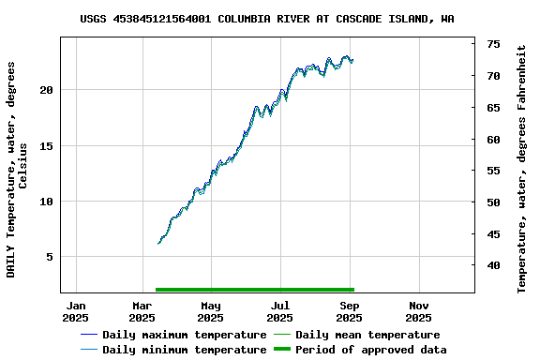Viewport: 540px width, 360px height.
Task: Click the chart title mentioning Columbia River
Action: click(x=267, y=18)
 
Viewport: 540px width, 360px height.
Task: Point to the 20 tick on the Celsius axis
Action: click(x=47, y=90)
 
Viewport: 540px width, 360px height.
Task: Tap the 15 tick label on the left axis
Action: click(x=47, y=145)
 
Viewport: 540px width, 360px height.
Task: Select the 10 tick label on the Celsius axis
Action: click(x=47, y=201)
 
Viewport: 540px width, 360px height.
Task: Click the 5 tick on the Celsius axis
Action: click(x=51, y=256)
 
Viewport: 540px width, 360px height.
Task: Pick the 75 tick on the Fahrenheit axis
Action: click(x=492, y=44)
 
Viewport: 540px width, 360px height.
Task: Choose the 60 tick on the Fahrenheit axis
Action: click(x=492, y=140)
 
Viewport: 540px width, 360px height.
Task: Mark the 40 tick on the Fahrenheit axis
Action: click(x=492, y=265)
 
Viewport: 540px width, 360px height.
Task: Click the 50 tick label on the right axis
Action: click(x=492, y=202)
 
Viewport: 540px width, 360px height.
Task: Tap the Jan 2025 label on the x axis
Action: click(x=75, y=311)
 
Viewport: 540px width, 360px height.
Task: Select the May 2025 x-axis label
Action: click(x=211, y=311)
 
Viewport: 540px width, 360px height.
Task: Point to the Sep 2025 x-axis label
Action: click(x=349, y=311)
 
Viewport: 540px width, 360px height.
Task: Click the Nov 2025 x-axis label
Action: click(x=418, y=311)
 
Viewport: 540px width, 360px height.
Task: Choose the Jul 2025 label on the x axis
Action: click(x=279, y=311)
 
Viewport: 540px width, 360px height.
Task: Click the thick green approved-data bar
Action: click(x=254, y=290)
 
